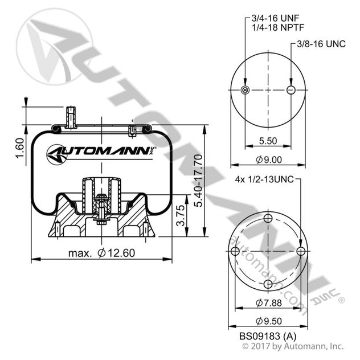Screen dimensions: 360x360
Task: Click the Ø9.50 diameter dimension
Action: click(268, 321)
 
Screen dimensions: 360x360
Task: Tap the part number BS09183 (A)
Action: click(266, 337)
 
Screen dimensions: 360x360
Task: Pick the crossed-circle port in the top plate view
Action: click(246, 91)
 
